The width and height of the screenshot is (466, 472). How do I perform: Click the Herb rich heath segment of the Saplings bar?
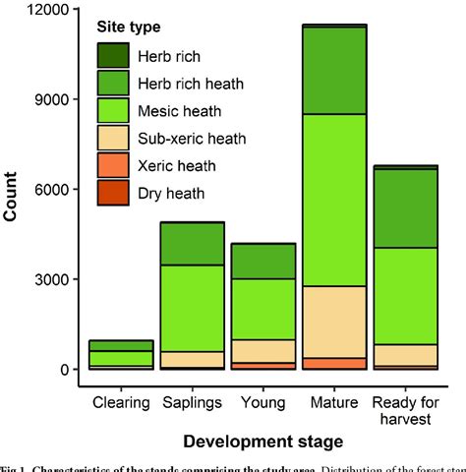(192, 243)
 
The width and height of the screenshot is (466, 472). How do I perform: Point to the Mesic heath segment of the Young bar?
(262, 309)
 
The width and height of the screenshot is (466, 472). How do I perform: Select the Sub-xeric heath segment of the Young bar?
(262, 350)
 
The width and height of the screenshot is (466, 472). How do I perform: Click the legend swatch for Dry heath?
(112, 193)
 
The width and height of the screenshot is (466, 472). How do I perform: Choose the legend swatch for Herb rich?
(112, 56)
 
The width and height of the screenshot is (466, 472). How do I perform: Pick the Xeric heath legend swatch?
(112, 165)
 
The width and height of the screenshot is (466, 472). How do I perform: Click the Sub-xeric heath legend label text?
(190, 139)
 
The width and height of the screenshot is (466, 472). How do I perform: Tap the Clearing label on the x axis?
(121, 401)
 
